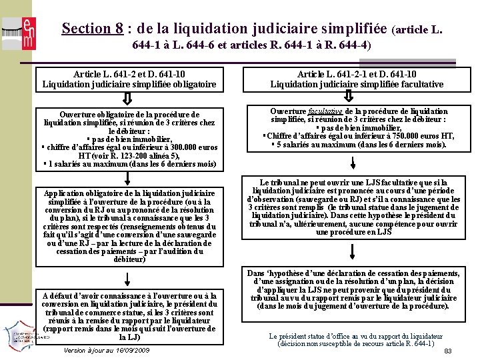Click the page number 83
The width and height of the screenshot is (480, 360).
(448, 351)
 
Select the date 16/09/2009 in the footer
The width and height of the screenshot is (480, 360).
(131, 350)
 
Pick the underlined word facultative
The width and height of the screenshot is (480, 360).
(326, 111)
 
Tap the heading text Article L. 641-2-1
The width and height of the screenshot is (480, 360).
(331, 75)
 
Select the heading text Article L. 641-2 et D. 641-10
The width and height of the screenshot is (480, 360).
(129, 75)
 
